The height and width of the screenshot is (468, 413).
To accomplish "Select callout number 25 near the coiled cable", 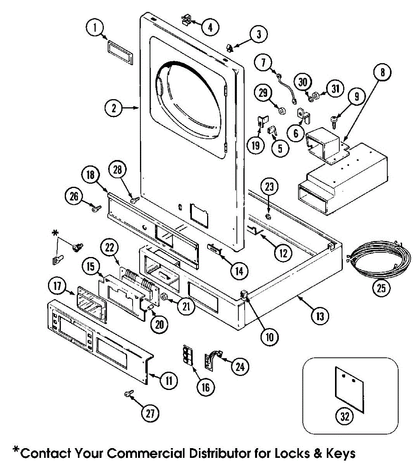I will pos(381,288).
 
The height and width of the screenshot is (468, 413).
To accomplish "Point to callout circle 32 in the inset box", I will pos(345,417).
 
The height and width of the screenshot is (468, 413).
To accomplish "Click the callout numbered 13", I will pos(320,316).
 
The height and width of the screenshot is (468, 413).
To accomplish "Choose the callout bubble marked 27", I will pos(150,414).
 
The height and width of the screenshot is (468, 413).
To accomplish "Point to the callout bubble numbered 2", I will pos(114,108).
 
